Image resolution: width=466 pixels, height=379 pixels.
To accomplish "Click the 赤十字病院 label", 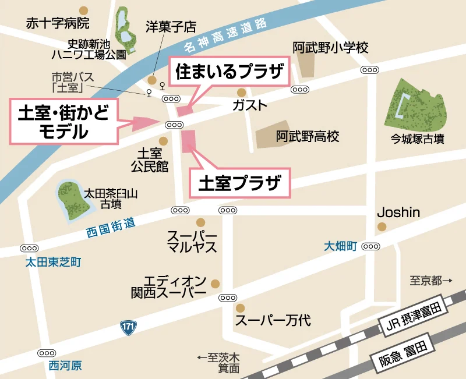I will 58,24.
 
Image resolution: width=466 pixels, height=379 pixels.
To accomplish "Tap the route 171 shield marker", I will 129,327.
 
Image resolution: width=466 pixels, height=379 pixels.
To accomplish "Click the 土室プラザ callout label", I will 239,184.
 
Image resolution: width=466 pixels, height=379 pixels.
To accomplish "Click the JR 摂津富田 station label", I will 416,318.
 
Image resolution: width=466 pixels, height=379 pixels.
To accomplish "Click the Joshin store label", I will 398,212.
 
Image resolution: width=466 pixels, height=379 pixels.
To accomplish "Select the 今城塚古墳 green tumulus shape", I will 414,104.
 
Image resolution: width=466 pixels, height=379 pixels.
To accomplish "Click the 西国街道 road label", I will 111,227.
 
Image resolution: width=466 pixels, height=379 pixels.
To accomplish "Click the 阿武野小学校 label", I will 330,48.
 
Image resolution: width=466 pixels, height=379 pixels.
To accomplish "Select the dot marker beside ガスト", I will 241,93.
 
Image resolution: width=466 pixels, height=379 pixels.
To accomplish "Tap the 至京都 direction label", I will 430,281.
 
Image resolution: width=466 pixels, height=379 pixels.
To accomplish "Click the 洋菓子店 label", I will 171,27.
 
